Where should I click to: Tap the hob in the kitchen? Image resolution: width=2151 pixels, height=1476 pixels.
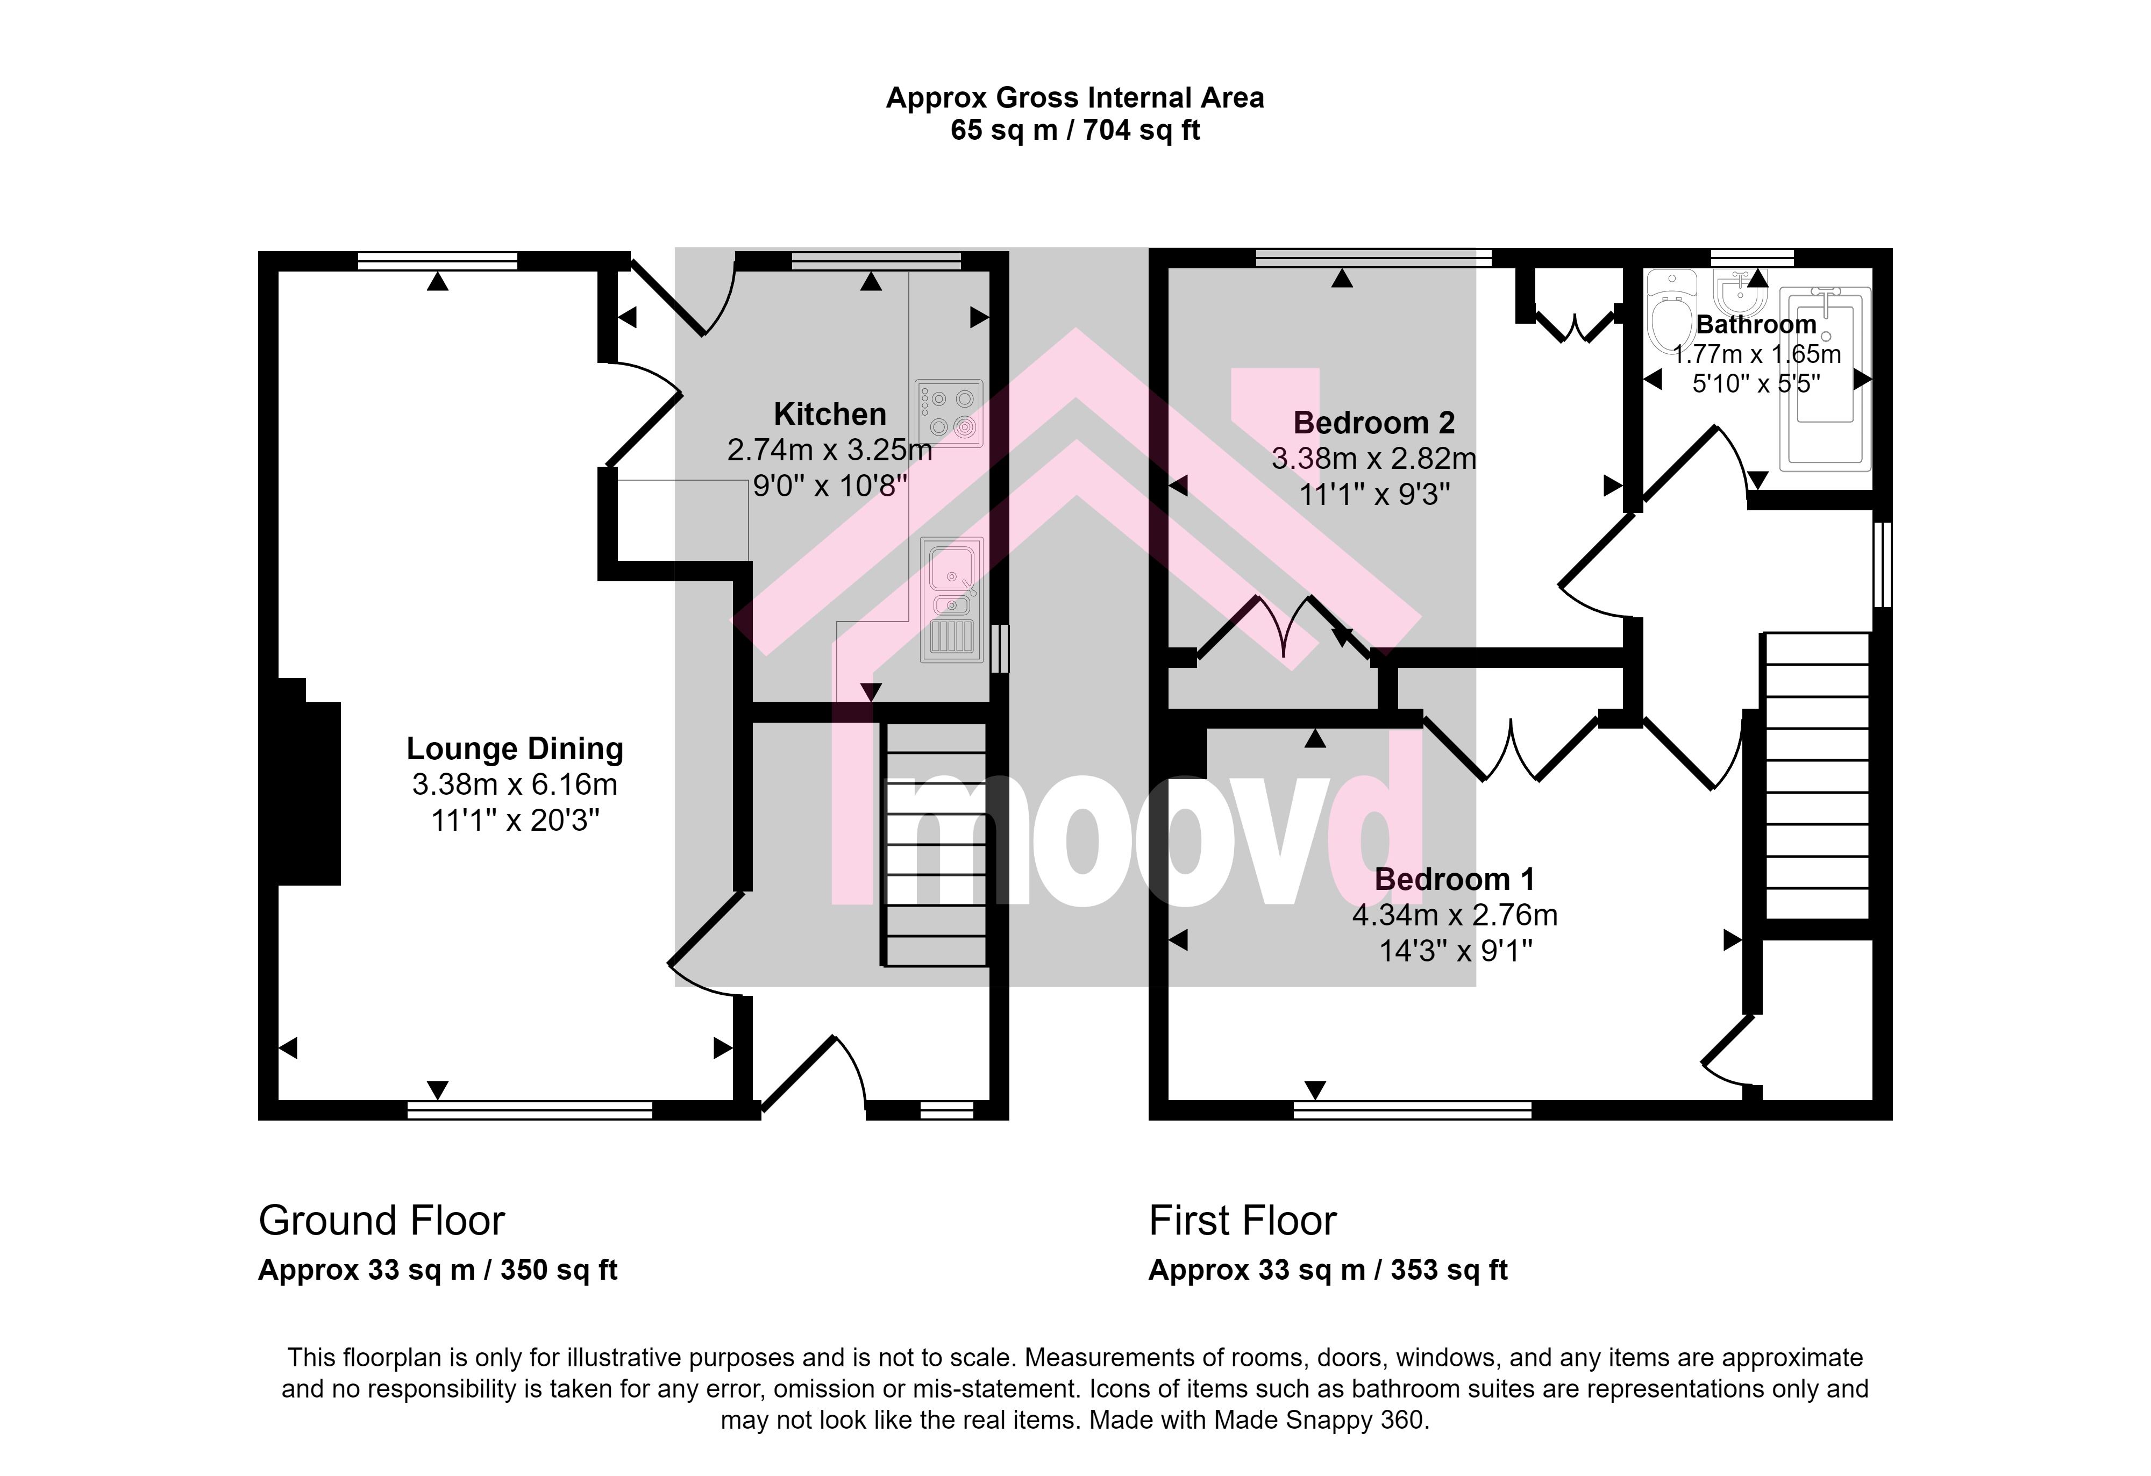(x=949, y=413)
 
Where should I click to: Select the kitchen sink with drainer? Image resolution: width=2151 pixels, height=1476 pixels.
(x=951, y=600)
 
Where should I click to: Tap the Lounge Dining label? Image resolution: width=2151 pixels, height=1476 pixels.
(x=515, y=748)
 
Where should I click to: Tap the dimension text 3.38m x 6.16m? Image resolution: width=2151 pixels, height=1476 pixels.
(x=515, y=785)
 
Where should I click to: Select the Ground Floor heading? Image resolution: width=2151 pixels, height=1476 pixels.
(x=381, y=1221)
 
